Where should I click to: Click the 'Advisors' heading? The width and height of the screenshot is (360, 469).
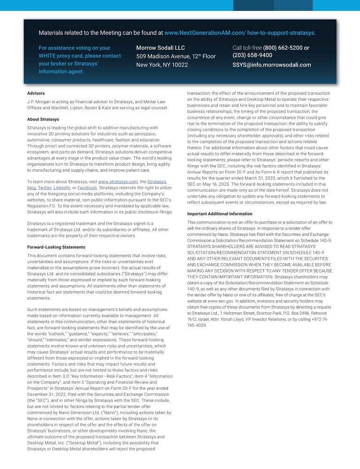36,93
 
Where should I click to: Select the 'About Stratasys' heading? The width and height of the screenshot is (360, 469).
43,119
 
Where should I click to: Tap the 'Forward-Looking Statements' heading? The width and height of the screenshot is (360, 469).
56,247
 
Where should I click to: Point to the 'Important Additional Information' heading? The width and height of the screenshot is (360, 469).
220,214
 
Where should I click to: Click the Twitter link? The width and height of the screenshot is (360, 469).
44,188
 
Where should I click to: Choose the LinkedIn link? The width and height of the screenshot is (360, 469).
62,188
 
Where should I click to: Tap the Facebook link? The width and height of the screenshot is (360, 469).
87,188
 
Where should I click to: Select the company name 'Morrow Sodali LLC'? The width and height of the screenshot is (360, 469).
161,48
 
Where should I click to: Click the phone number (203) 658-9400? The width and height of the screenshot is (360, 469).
252,55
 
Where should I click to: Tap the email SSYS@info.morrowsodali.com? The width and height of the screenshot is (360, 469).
272,65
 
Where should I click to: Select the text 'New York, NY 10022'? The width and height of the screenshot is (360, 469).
162,65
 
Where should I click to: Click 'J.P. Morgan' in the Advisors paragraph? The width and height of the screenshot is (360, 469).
38,101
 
